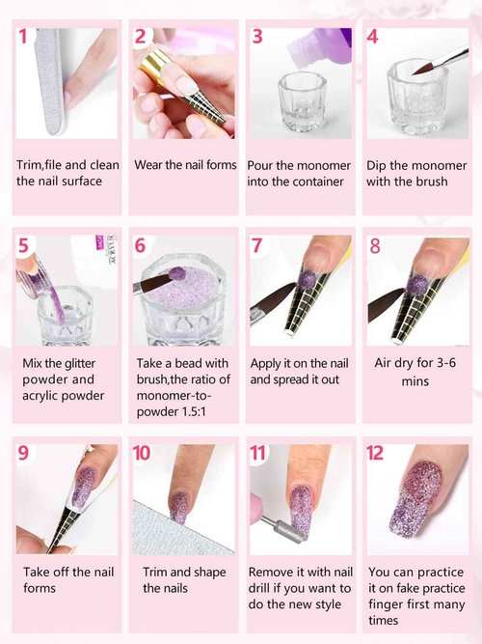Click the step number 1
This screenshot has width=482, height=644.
(x=23, y=38)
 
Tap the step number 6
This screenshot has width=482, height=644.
(x=141, y=245)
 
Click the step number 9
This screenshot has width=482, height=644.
(x=24, y=453)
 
